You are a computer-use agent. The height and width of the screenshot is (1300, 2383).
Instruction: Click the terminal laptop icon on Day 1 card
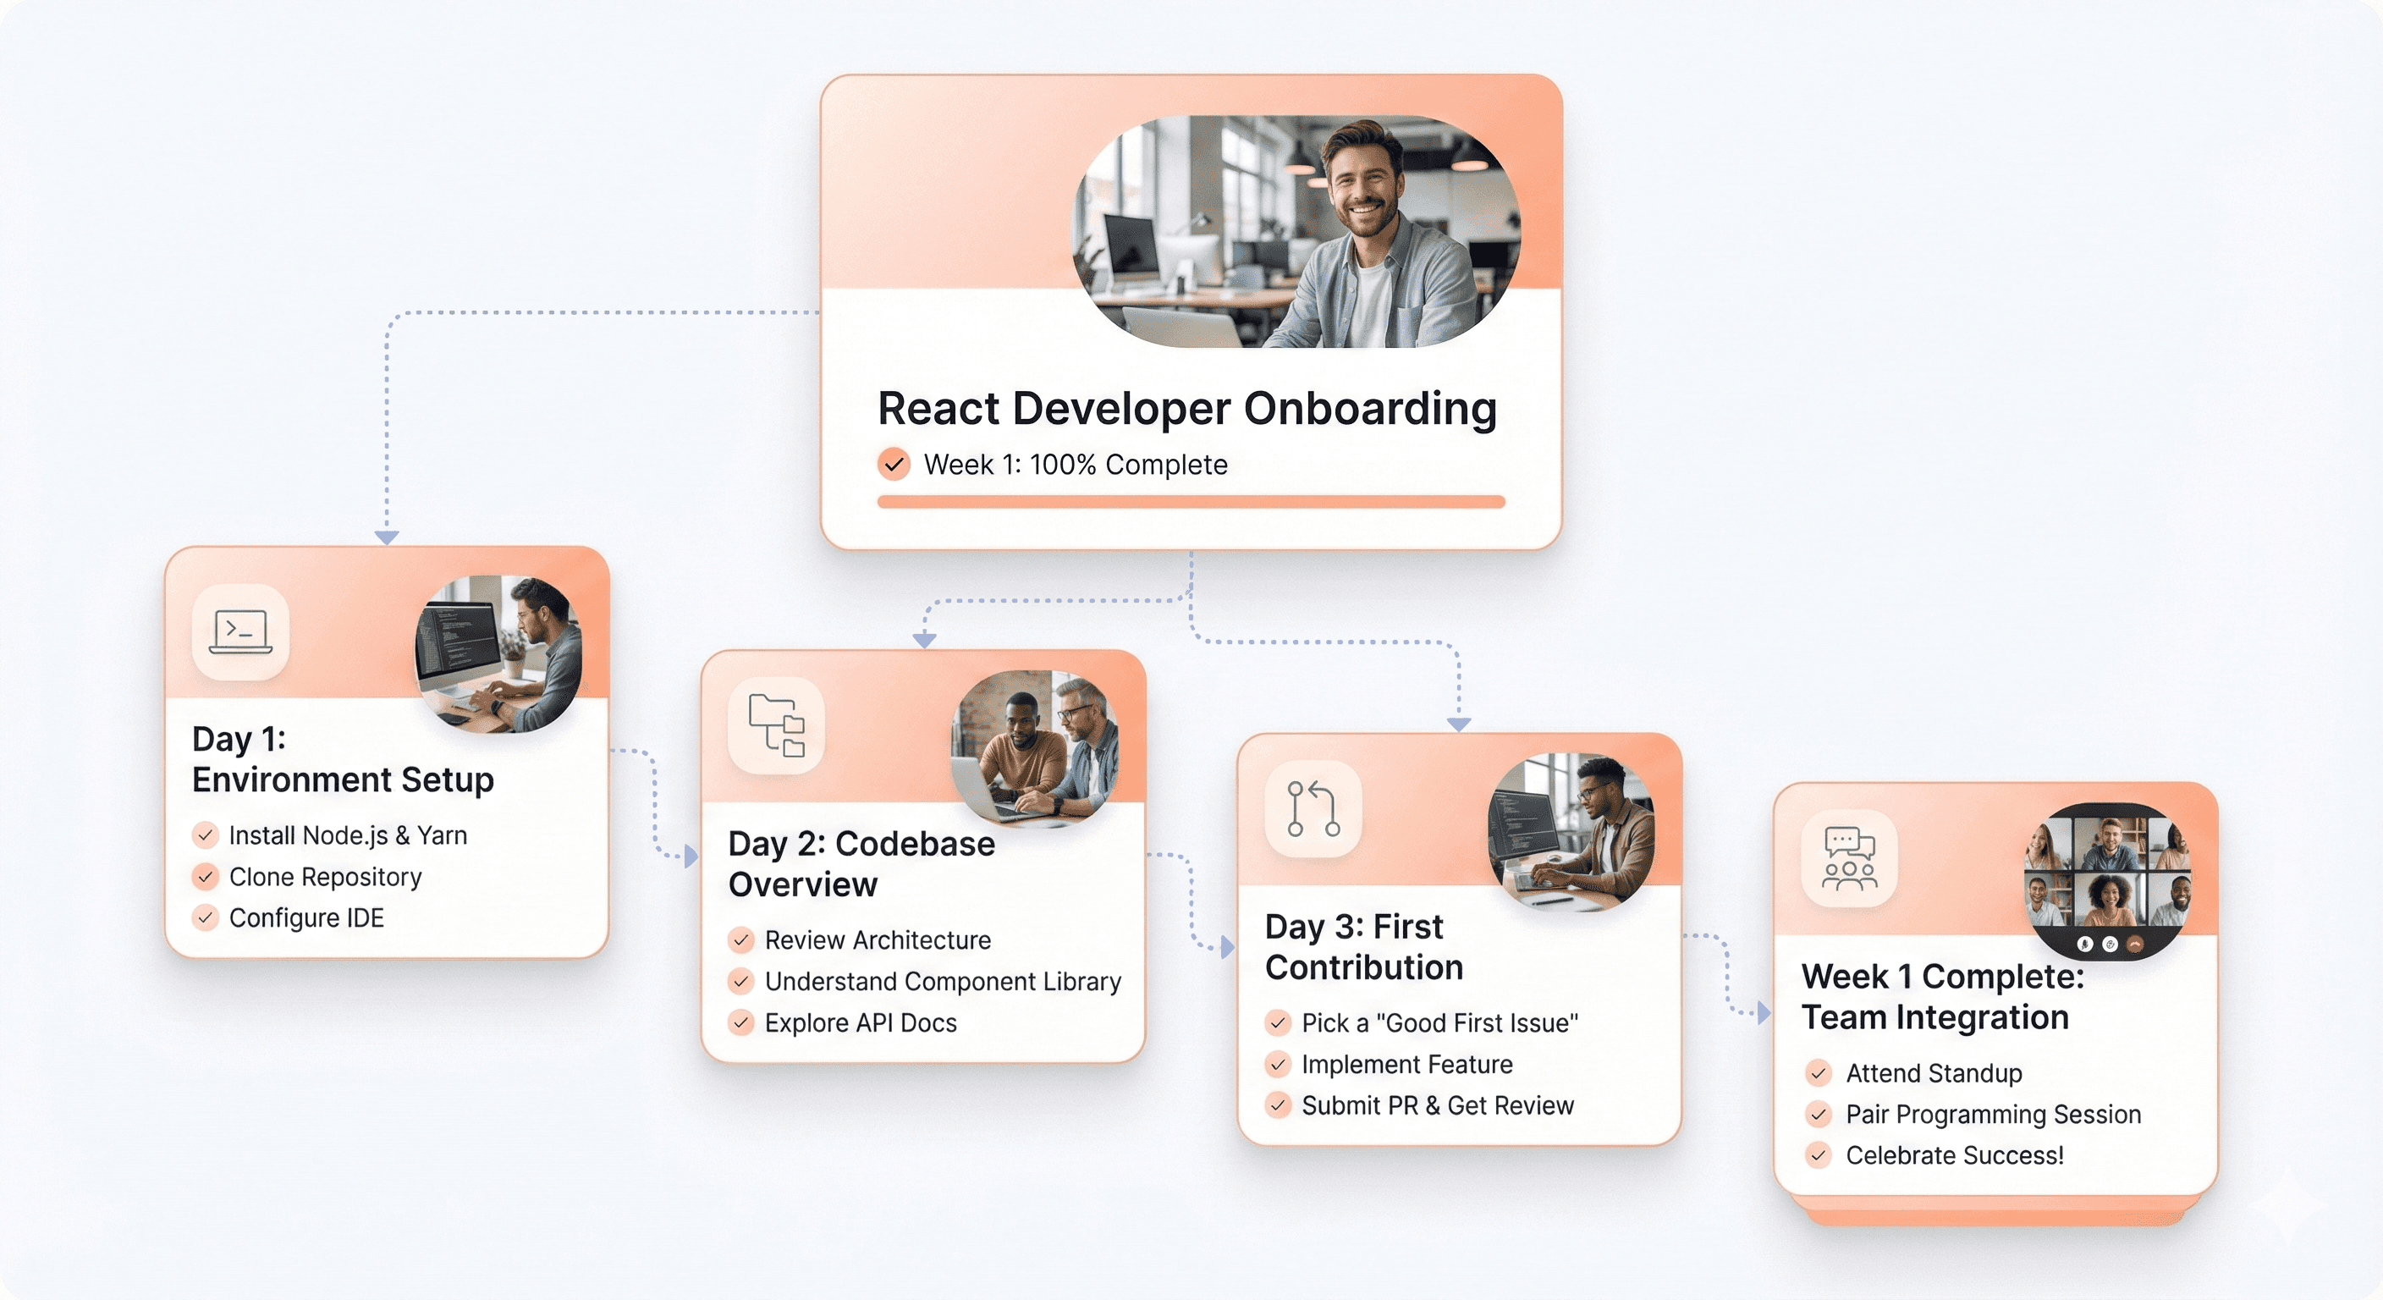coord(240,632)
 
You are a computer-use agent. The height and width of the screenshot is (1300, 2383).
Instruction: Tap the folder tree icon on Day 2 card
coord(776,724)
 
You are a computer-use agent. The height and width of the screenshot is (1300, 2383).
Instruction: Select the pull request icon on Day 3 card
coord(1313,808)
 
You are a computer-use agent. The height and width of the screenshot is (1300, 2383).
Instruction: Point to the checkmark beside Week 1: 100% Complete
coord(894,464)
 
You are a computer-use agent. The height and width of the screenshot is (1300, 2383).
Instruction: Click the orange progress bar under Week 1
coord(1191,502)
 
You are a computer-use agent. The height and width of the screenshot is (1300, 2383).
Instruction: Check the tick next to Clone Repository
coord(206,876)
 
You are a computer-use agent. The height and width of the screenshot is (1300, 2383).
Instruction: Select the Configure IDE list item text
coord(306,917)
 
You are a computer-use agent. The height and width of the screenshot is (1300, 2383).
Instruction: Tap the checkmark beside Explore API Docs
coord(741,1022)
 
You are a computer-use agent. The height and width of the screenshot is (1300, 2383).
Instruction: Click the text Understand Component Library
coord(943,981)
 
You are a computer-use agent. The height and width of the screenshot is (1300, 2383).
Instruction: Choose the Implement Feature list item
coord(1406,1064)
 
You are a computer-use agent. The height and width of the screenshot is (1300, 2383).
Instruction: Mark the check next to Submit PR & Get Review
coord(1278,1104)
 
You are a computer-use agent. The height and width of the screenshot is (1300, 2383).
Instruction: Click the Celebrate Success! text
coord(1954,1154)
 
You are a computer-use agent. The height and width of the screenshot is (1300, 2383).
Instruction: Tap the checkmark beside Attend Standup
coord(1818,1073)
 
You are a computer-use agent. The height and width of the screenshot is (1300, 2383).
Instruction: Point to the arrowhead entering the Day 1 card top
coord(387,537)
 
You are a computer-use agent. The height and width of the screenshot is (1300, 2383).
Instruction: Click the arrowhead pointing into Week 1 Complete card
coord(1764,1012)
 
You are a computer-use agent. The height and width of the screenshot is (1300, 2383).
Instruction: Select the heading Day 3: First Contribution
coord(1363,946)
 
